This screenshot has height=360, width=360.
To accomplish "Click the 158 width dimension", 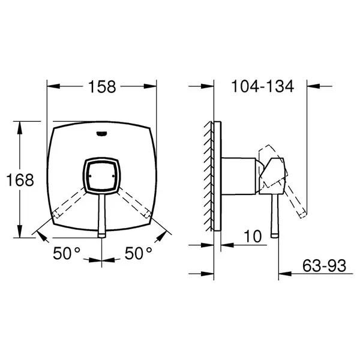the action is [x=102, y=87].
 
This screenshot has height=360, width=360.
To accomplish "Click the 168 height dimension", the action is [x=20, y=180].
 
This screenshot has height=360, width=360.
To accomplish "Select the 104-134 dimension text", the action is [x=263, y=86].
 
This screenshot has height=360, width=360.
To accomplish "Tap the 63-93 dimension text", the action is [x=324, y=266].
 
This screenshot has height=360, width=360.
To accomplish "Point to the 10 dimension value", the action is [x=253, y=236].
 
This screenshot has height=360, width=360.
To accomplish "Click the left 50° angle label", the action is [x=67, y=253].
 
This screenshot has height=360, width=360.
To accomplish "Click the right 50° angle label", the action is [x=138, y=253].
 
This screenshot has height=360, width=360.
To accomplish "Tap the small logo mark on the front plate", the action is [x=102, y=134].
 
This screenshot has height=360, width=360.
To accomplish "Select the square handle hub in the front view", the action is [x=102, y=176].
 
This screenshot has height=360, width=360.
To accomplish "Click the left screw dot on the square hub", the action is [x=90, y=176].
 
